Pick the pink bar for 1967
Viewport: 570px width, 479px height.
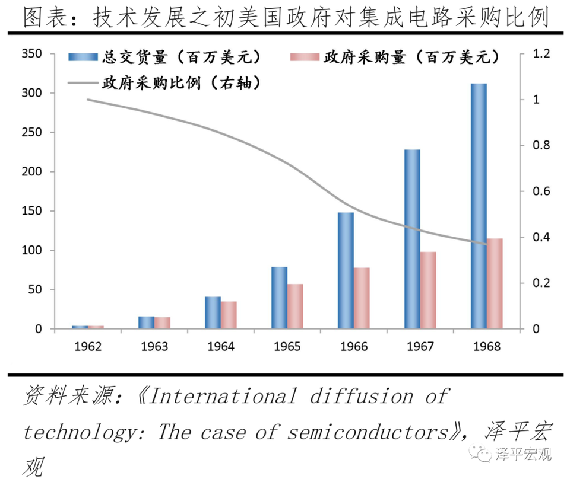[x=428, y=290]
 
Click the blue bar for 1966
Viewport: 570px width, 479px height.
[x=346, y=270]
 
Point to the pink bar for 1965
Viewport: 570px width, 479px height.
[x=295, y=306]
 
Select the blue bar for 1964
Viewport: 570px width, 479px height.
[x=213, y=312]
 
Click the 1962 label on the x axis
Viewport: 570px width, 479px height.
[x=87, y=346]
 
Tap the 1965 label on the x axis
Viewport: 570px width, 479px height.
[x=287, y=346]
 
